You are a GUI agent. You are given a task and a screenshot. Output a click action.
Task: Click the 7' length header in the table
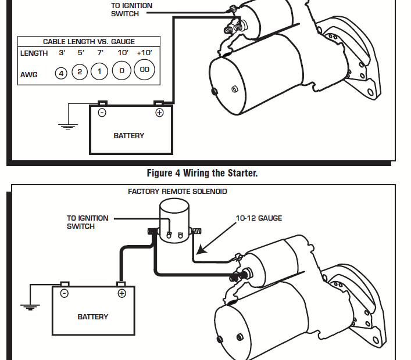[x=100, y=53]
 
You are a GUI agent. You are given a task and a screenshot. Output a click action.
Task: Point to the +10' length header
[x=144, y=53]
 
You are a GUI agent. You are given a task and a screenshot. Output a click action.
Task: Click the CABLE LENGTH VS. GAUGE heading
[x=89, y=42]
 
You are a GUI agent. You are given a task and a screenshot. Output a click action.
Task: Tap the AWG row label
[x=28, y=74]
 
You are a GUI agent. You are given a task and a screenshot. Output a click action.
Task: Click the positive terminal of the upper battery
[x=159, y=113]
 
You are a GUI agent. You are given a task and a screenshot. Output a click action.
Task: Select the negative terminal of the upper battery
[x=102, y=113]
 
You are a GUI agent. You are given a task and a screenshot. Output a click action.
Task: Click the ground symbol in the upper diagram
[x=69, y=124]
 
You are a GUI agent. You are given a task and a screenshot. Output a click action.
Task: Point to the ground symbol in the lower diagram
[x=30, y=306]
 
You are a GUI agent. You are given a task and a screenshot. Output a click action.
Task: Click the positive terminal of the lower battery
[x=121, y=293]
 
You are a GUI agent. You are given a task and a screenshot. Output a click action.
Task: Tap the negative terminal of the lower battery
[x=65, y=293]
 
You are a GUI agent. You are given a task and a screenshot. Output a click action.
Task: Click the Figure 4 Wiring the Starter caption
[x=202, y=173]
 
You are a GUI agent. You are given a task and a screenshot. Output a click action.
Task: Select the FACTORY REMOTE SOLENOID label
[x=177, y=192]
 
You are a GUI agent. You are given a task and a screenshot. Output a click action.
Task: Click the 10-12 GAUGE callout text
[x=259, y=218]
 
